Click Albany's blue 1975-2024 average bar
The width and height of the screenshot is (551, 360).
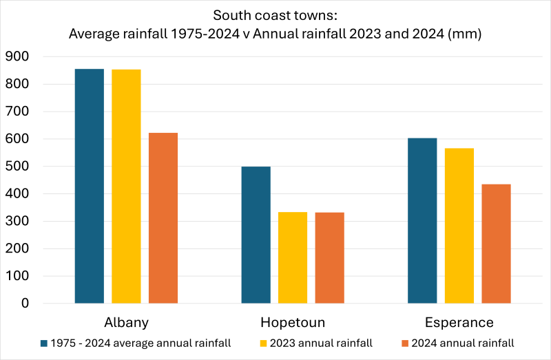click(x=90, y=186)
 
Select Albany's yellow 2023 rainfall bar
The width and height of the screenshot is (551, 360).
click(x=126, y=187)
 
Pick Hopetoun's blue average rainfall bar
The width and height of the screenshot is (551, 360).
click(x=256, y=235)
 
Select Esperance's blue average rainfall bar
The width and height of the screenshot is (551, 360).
click(x=422, y=221)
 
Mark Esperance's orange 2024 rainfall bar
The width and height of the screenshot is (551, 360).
click(x=496, y=244)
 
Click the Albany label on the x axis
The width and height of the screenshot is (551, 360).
click(x=126, y=322)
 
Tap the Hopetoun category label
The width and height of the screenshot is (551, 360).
click(x=293, y=322)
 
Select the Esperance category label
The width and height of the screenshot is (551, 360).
click(x=459, y=322)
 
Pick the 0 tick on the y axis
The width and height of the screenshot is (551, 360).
click(x=25, y=304)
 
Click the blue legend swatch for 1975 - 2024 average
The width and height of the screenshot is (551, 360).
click(x=44, y=342)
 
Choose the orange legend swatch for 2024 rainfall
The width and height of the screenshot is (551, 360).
click(x=404, y=342)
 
